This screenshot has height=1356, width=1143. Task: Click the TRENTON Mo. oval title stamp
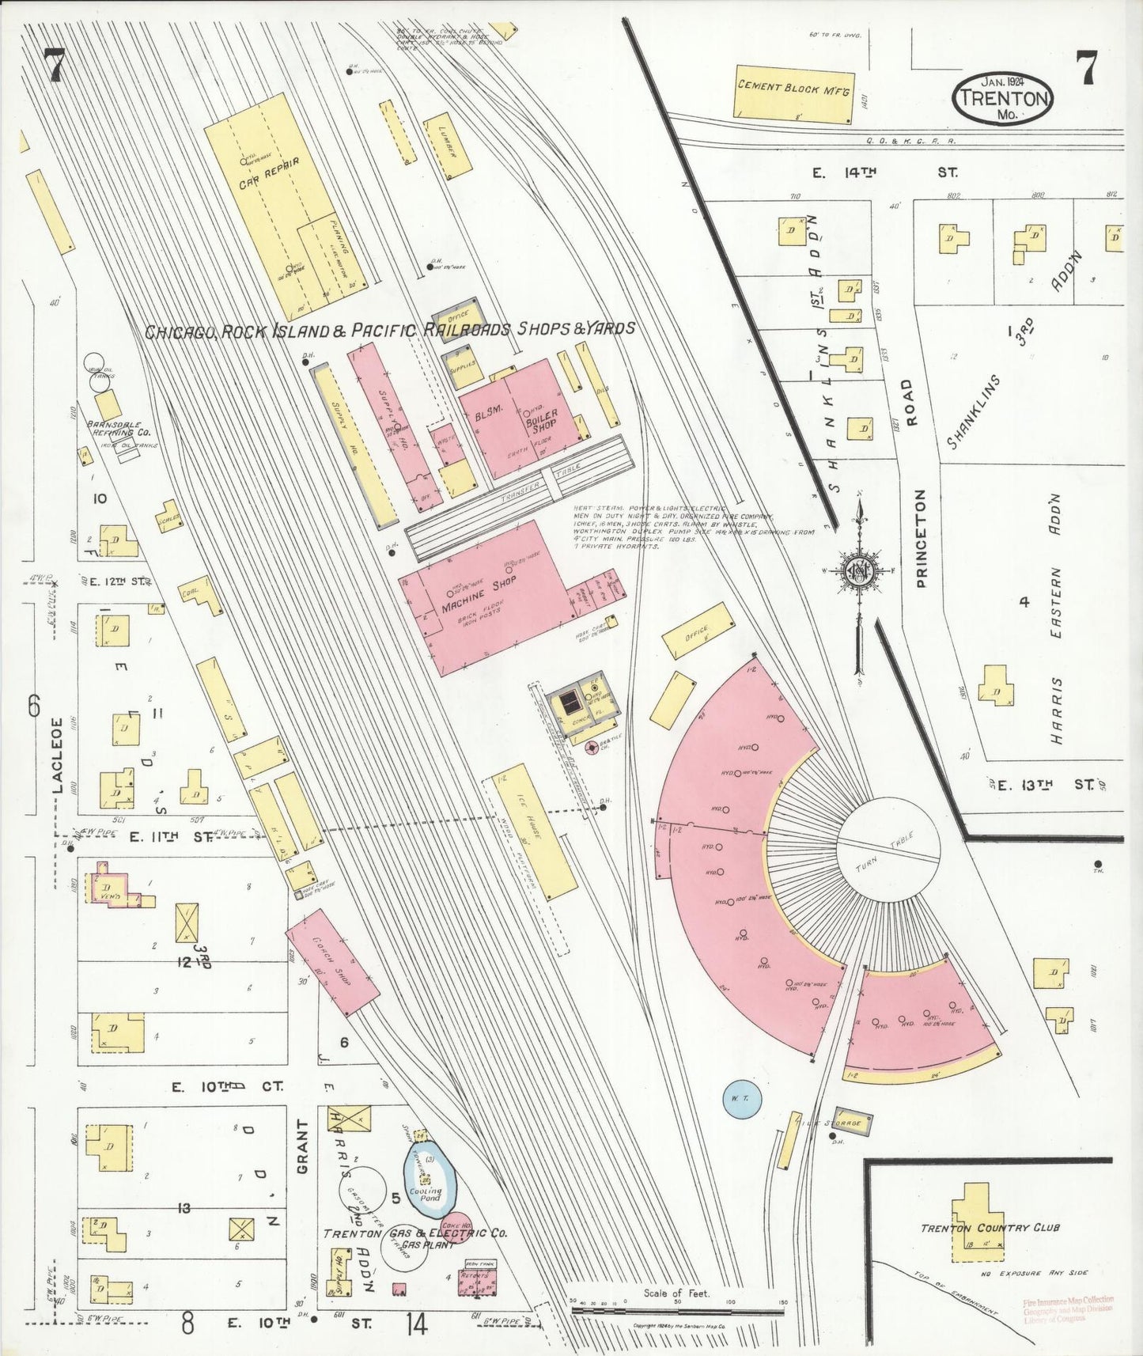click(1002, 97)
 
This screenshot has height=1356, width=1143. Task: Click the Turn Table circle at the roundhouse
click(888, 847)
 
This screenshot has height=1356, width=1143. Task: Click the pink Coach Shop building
click(332, 961)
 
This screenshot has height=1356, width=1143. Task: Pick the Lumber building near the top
click(448, 148)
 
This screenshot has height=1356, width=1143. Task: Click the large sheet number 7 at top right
click(1088, 67)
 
